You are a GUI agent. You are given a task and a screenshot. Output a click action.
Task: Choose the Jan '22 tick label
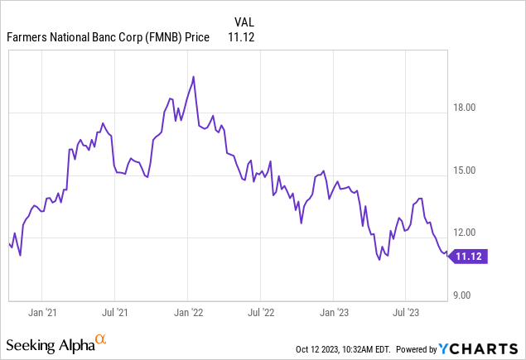coord(188,313)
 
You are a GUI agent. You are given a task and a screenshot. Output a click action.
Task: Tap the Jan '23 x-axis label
coord(333,313)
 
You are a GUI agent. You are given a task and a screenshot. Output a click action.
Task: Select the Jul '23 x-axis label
coord(405,313)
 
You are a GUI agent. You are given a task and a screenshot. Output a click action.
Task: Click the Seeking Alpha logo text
coord(49,342)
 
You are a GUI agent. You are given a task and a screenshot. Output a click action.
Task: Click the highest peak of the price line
coord(193,77)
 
